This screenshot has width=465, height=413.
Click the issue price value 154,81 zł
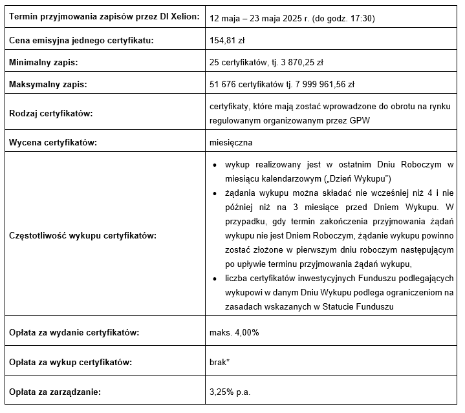pos(226,40)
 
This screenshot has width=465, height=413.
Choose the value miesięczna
pos(231,142)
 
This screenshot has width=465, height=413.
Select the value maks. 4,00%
pos(234,333)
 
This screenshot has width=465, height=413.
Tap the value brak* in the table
pos(220,362)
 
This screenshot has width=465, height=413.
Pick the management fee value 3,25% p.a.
pos(230,392)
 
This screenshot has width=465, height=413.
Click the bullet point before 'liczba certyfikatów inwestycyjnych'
pos(215,279)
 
